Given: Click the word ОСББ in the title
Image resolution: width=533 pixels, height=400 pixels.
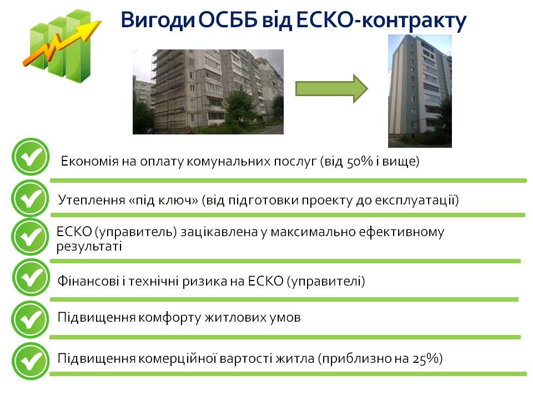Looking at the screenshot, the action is (228, 20).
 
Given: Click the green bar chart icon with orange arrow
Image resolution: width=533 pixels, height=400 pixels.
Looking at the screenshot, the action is (62, 46).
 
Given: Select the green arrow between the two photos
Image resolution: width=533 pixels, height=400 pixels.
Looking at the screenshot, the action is (331, 89).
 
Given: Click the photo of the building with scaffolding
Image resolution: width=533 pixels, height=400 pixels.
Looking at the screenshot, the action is (208, 92).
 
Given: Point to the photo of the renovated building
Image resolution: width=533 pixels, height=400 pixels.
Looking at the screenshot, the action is (420, 91).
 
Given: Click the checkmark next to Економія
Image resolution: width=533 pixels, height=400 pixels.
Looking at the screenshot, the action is (31, 157).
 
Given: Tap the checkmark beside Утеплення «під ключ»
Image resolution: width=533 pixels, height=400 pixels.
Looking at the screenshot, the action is (30, 198).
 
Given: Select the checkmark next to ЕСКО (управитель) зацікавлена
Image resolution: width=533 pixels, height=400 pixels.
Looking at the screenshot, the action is (30, 237).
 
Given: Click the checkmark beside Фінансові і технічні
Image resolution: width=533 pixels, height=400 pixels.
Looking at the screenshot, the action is (31, 277).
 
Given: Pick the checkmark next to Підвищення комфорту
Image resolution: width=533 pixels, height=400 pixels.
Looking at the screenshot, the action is (30, 319).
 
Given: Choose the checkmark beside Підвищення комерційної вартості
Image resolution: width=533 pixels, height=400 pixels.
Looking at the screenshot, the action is (30, 361).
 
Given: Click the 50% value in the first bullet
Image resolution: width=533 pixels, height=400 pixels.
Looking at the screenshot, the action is (360, 161).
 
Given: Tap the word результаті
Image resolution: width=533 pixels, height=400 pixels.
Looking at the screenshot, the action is (89, 246).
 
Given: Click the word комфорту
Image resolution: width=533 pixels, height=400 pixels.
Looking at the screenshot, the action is (170, 318).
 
